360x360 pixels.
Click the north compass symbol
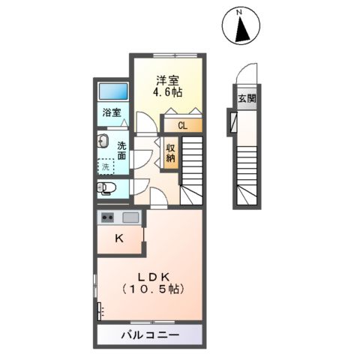tap(241, 27)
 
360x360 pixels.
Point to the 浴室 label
tap(112, 115)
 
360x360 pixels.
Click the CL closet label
tap(183, 126)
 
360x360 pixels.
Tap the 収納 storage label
tap(171, 153)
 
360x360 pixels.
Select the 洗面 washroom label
tap(121, 152)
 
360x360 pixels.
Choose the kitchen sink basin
tap(130, 217)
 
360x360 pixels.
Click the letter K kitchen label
tap(118, 239)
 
